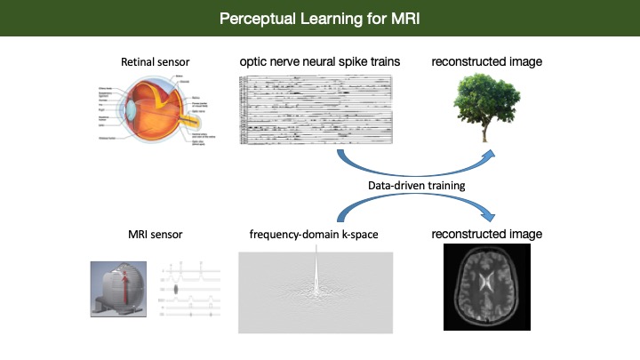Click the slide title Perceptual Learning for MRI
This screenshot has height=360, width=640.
tap(320, 17)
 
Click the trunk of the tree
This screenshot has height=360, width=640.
tap(484, 131)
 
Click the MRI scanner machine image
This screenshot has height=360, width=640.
tap(116, 288)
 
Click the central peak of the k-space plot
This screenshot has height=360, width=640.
tap(316, 267)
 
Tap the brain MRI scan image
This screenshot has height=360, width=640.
tap(486, 287)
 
